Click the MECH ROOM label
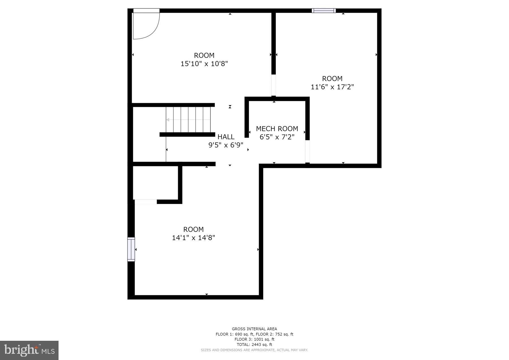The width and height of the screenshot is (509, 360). click(277, 129)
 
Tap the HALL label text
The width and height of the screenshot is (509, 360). click(226, 137)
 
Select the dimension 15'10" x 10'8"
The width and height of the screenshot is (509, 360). click(204, 64)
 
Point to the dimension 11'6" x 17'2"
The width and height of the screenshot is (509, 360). click(332, 87)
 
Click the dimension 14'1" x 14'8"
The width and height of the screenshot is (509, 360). click(193, 238)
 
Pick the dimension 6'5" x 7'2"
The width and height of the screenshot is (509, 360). click(277, 137)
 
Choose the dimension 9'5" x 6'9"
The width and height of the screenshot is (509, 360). click(226, 145)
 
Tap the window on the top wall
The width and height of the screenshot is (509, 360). click(324, 11)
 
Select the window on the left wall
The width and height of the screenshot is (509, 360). click(131, 249)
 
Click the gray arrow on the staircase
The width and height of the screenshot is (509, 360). click(168, 120)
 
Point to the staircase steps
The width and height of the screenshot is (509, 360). click(188, 119)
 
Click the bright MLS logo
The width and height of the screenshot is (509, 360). click(29, 350)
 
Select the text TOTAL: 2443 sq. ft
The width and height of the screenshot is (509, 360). click(254, 344)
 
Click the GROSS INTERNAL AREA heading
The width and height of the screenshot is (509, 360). click(254, 329)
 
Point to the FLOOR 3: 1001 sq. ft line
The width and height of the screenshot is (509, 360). click(254, 339)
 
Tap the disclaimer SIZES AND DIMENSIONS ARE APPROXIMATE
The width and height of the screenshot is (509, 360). click(254, 350)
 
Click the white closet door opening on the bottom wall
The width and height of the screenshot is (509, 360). click(146, 202)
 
